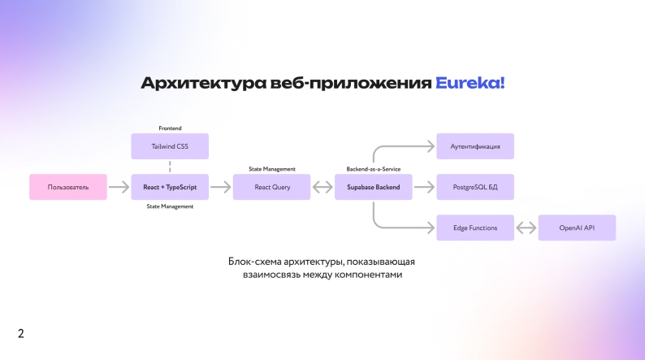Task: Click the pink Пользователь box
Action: (68, 187)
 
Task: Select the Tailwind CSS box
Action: (170, 146)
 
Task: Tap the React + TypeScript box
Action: (170, 187)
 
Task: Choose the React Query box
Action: (271, 187)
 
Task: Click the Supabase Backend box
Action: (373, 187)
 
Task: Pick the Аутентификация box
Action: (475, 146)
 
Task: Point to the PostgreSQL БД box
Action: (475, 187)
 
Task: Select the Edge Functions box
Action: (475, 228)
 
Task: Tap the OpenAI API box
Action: (577, 228)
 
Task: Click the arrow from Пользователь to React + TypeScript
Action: (119, 187)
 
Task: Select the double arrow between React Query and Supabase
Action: (322, 187)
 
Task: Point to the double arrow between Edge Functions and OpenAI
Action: (526, 228)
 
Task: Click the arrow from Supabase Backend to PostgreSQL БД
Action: (424, 187)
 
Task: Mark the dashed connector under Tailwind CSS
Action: (170, 167)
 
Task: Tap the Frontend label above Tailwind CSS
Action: (170, 128)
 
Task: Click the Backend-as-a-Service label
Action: (373, 169)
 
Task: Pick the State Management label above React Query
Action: (272, 169)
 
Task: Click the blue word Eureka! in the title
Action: (470, 83)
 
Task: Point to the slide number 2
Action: (21, 333)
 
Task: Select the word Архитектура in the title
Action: (204, 84)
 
